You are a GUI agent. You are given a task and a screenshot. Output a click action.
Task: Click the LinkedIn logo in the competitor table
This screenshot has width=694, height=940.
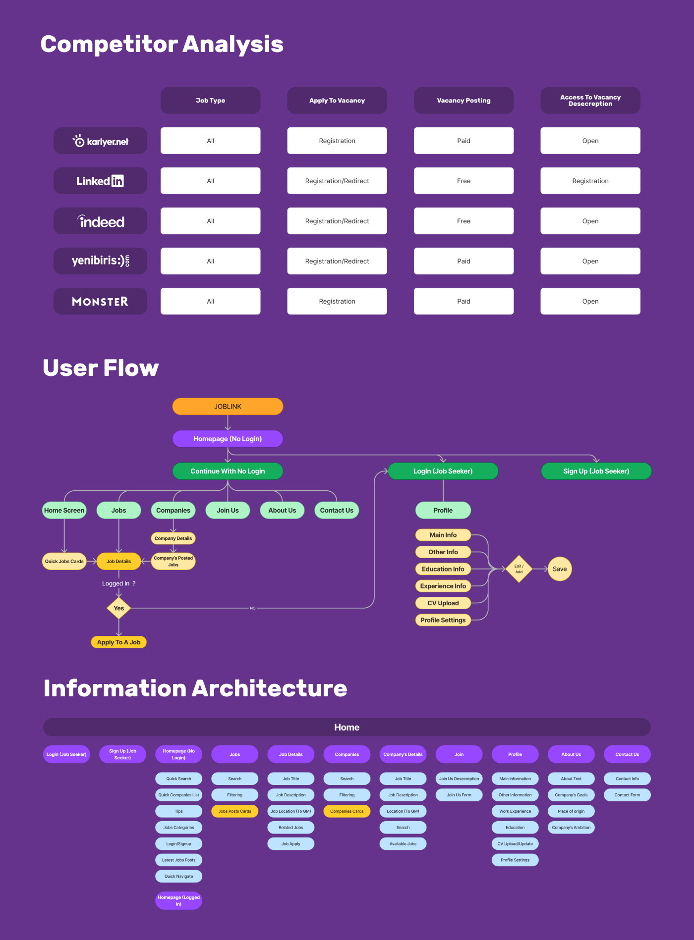click(100, 181)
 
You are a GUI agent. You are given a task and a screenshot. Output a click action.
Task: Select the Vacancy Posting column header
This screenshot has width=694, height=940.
click(463, 101)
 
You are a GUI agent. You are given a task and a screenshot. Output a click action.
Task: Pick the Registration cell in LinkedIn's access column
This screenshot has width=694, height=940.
click(590, 181)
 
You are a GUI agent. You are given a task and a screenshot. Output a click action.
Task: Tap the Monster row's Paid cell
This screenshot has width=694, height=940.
click(463, 301)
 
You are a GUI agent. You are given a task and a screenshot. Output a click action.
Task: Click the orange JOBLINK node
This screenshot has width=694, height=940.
click(228, 406)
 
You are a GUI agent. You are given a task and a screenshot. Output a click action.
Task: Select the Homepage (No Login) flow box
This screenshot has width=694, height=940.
click(228, 439)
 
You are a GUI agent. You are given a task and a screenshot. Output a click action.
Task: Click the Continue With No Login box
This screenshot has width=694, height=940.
click(228, 471)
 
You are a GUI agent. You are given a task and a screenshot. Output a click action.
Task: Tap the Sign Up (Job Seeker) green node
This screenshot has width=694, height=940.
click(596, 471)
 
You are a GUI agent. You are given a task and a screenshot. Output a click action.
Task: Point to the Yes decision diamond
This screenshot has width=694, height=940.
click(119, 608)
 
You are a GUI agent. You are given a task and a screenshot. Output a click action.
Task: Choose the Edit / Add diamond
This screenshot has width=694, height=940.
click(519, 569)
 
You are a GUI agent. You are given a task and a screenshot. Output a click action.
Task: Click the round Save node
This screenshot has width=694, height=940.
click(560, 569)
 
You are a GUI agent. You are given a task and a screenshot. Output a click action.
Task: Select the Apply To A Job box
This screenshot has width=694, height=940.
click(119, 642)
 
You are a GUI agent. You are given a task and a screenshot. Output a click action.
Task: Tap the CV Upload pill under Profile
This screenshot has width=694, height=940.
click(443, 603)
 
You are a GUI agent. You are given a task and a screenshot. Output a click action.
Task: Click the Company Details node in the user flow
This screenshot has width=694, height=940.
click(173, 538)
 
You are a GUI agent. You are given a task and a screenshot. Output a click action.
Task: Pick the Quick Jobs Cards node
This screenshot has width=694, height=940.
click(64, 561)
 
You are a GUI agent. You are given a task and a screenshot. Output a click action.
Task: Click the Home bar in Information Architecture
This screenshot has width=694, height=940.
click(347, 727)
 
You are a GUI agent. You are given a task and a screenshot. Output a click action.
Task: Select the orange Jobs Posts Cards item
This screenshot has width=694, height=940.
click(234, 811)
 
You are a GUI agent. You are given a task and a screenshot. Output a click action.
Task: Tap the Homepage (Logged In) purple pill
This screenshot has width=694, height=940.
click(178, 900)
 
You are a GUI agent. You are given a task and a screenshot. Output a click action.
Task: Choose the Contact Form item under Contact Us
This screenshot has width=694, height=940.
click(627, 795)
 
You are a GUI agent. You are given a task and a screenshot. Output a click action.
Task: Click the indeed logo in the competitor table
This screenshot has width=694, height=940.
click(100, 221)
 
